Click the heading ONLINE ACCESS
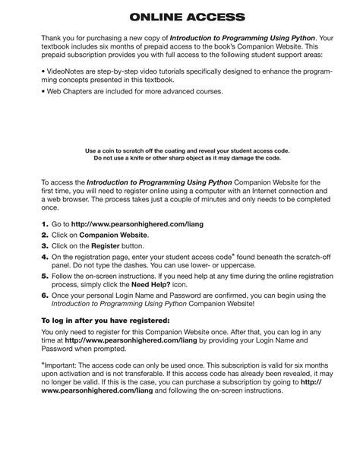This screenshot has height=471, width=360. [180, 16]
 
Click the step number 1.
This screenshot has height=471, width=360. [44, 225]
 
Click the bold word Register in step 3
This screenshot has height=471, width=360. [106, 246]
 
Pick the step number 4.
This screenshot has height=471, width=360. [44, 257]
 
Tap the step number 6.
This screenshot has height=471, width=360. [44, 295]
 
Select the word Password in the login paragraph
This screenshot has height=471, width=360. [62, 353]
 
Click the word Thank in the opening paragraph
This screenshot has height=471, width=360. [52, 36]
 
